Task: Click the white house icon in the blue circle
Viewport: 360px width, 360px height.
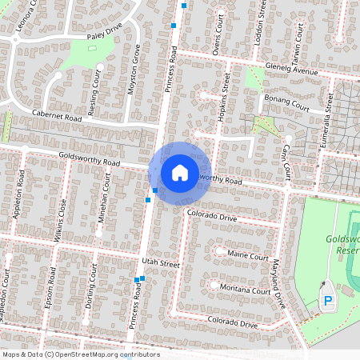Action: click(x=180, y=172)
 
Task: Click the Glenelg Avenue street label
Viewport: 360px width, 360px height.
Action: click(x=292, y=70)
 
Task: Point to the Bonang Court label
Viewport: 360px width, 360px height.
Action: click(x=286, y=105)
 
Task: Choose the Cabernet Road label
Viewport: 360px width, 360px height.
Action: click(x=57, y=116)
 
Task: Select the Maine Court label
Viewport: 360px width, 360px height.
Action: click(x=248, y=256)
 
